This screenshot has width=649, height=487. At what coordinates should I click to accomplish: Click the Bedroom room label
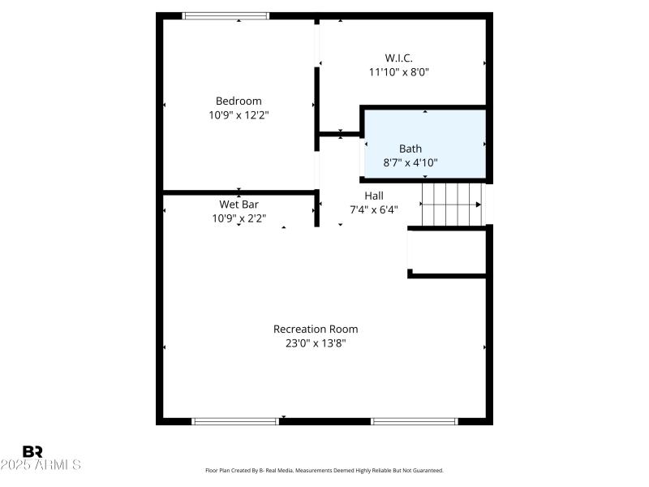(239, 101)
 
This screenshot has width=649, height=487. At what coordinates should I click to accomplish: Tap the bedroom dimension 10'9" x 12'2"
(239, 115)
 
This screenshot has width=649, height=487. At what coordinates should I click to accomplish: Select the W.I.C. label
(398, 57)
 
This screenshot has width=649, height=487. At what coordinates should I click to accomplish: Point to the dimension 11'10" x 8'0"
(398, 71)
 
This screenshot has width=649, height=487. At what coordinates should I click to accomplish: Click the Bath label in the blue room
(410, 149)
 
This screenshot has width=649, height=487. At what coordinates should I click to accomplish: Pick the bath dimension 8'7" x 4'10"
(410, 162)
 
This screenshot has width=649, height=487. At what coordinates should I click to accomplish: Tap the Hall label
(374, 196)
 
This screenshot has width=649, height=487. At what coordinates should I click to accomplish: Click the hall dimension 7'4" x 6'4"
(374, 209)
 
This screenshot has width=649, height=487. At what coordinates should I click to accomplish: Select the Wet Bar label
(239, 204)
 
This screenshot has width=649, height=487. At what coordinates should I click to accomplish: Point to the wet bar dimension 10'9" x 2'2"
(239, 218)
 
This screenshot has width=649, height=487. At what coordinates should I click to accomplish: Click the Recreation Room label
(316, 329)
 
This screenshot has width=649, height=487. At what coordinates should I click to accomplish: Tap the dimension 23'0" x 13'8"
(316, 343)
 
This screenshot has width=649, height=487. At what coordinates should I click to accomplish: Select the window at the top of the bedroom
(226, 15)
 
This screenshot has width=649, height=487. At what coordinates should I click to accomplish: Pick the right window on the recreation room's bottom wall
(415, 421)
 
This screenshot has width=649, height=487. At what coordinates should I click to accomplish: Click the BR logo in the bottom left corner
(33, 451)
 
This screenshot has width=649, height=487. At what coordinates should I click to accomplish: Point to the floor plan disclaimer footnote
(324, 470)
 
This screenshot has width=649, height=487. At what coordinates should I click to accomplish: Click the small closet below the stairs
(447, 253)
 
